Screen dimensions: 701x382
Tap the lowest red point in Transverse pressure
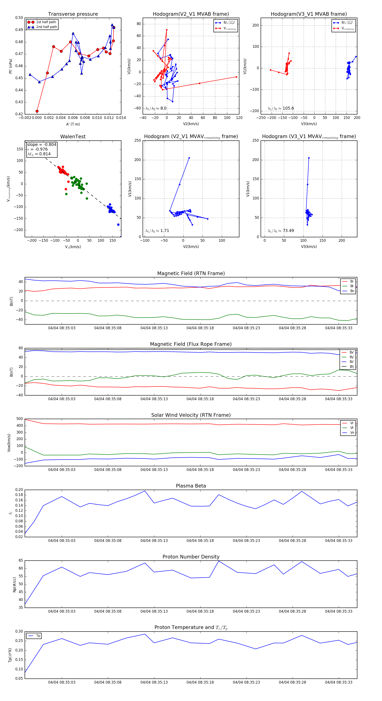[x=37, y=111]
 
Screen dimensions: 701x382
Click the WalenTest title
[x=73, y=137]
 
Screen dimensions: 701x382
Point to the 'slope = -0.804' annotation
[x=42, y=144]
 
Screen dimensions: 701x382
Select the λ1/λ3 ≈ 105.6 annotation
[x=281, y=108]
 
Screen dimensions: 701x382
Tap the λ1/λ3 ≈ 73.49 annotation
[x=281, y=231]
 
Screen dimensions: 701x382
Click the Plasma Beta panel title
[x=191, y=486]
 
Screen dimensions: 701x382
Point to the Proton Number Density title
[x=191, y=557]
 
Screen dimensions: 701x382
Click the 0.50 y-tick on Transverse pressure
[x=19, y=18]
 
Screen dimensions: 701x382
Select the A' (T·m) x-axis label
[x=73, y=124]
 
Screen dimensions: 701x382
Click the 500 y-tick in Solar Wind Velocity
[x=20, y=419]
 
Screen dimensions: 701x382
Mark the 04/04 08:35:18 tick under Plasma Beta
[x=200, y=540]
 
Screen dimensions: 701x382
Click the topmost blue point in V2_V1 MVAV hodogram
[x=189, y=158]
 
